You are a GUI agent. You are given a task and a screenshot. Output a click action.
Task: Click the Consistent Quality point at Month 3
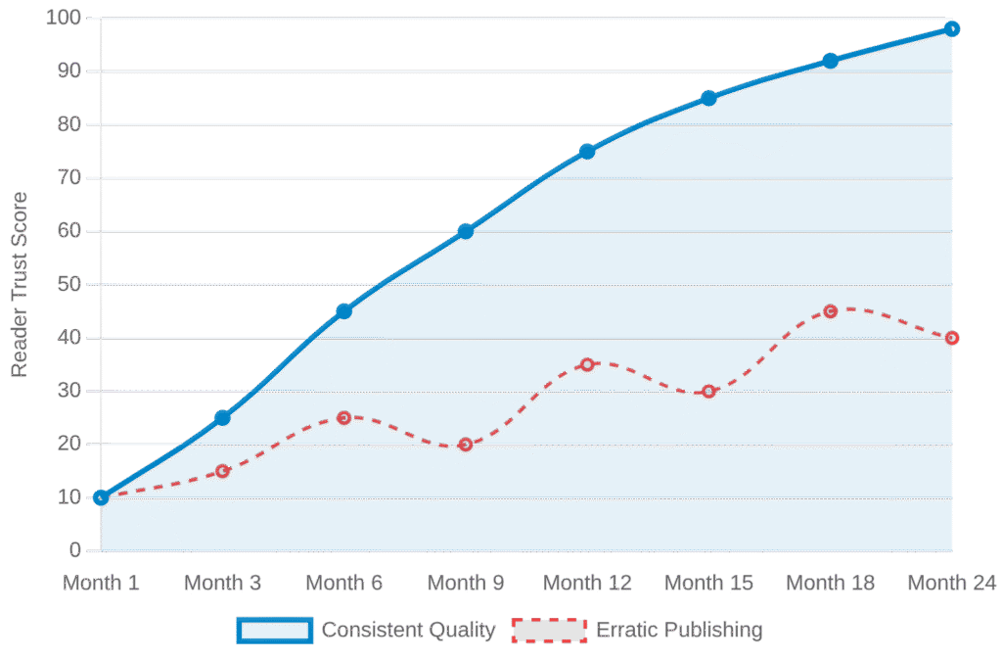[x=222, y=418]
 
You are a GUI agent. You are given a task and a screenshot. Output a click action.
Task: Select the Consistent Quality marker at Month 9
[x=466, y=231]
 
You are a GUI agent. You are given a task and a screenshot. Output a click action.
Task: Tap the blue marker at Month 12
[x=587, y=152]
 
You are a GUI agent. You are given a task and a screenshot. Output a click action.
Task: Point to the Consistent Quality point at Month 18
[x=831, y=62]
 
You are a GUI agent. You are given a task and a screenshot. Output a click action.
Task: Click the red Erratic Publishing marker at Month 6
[x=343, y=418]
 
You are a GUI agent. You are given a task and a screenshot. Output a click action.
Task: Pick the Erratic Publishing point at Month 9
[x=466, y=445]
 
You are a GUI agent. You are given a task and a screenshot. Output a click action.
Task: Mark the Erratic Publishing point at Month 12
[x=587, y=364]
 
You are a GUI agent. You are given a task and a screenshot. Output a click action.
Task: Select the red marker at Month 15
[x=709, y=392]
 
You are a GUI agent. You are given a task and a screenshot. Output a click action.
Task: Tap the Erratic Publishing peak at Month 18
[x=831, y=311]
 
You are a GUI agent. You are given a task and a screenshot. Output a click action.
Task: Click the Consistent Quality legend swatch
[x=274, y=630]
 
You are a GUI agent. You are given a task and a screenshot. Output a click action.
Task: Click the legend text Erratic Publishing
[x=679, y=630]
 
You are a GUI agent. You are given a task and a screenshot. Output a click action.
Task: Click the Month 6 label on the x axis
[x=343, y=583]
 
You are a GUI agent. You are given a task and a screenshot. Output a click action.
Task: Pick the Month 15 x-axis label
[x=709, y=583]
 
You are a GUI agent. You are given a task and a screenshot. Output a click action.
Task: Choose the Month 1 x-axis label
[x=101, y=583]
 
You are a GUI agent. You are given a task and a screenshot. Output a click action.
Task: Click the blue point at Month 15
[x=709, y=98]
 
